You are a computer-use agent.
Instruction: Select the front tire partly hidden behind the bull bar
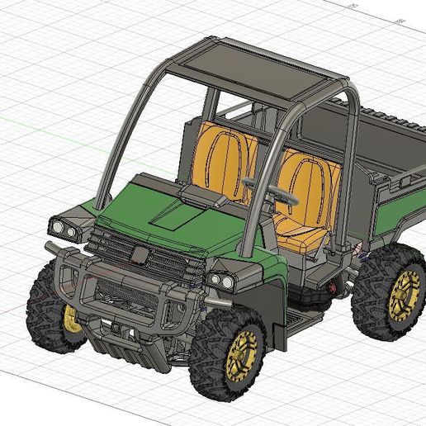pos(45,314)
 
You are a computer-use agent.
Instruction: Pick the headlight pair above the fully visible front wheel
pos(219,280)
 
